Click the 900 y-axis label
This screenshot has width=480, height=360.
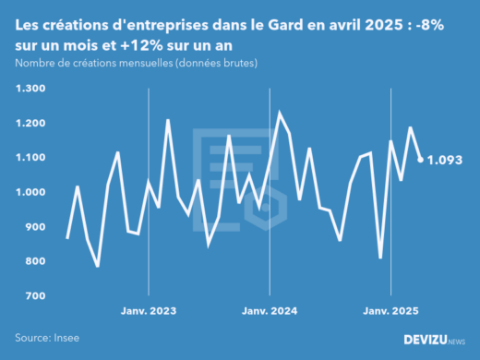pos(35,227)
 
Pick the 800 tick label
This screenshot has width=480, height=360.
pos(35,261)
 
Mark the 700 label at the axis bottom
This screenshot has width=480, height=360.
pos(35,296)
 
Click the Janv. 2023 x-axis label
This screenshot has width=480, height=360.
pos(149,311)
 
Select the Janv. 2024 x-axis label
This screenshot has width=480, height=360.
pos(269,311)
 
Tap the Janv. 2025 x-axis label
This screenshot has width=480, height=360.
pos(390,311)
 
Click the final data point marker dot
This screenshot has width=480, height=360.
pos(421,160)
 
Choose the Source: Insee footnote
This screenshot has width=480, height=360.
pos(46,339)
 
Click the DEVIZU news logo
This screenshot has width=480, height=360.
pos(435,340)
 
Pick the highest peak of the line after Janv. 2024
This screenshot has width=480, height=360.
pos(280,113)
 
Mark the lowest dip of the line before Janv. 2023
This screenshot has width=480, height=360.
pos(98,266)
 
